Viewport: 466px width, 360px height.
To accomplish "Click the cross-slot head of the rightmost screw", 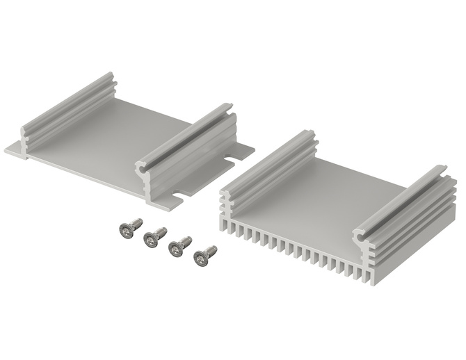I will pyautogui.click(x=200, y=259).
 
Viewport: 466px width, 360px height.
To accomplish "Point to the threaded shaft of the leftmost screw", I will pyautogui.click(x=136, y=224).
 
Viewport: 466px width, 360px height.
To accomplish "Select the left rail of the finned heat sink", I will pyautogui.click(x=268, y=161).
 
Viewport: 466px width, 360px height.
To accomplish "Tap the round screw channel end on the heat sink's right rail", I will pyautogui.click(x=361, y=236).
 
